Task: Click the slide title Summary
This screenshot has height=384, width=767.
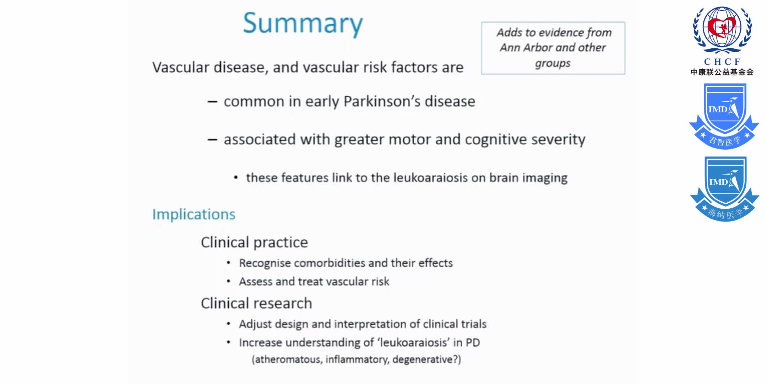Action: click(x=303, y=23)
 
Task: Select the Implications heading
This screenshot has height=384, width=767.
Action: click(x=194, y=214)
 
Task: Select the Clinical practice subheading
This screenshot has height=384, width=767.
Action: click(x=254, y=242)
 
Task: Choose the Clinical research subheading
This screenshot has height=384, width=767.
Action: click(x=256, y=304)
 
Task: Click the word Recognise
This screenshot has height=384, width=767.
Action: click(x=265, y=263)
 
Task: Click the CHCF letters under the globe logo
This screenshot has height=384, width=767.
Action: click(x=722, y=62)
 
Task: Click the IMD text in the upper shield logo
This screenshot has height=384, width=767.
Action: click(x=718, y=110)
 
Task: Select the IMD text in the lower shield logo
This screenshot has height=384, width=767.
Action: click(x=718, y=182)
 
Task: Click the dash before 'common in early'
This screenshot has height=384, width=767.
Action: click(x=212, y=102)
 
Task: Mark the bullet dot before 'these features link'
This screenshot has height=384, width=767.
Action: click(x=236, y=178)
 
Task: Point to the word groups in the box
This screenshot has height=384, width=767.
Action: click(x=553, y=64)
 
